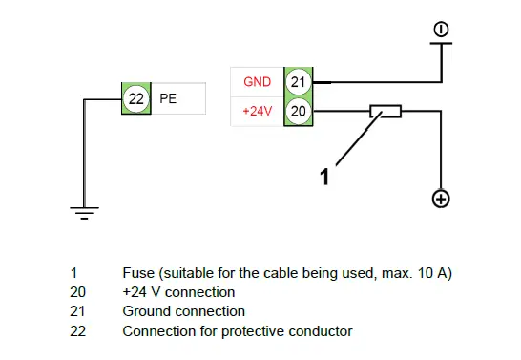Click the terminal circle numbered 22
click(x=135, y=98)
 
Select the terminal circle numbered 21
click(x=299, y=82)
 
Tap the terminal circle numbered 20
click(x=299, y=112)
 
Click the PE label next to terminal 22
click(x=168, y=98)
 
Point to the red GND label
click(x=259, y=82)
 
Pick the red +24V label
click(x=259, y=112)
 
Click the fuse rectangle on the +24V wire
click(x=386, y=112)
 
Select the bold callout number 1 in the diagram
click(x=324, y=175)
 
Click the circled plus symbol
click(x=441, y=199)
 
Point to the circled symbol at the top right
click(x=441, y=31)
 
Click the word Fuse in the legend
click(x=138, y=273)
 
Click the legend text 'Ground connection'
click(x=184, y=311)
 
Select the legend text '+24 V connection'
click(x=178, y=292)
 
